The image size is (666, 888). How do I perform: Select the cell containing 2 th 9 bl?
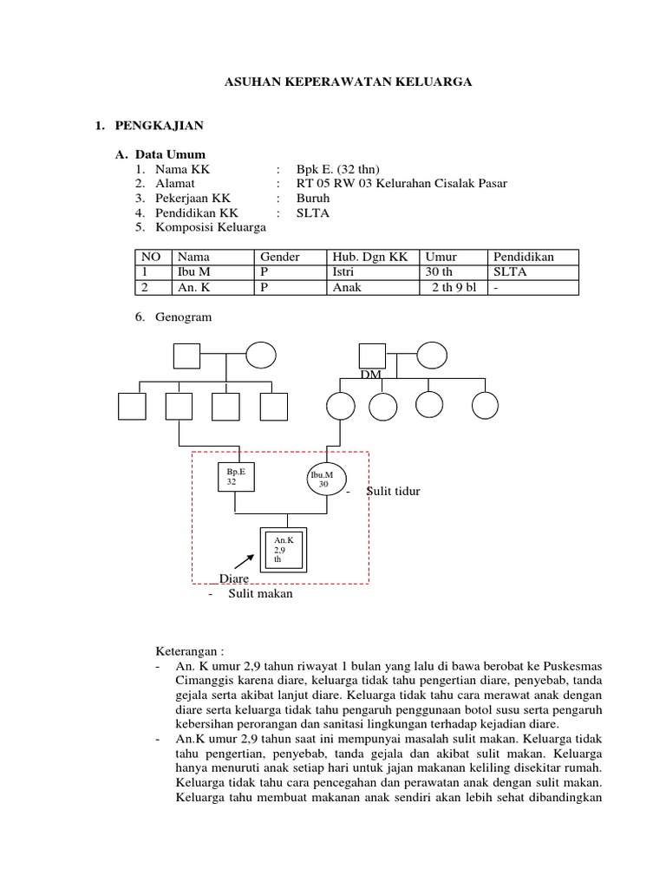[454, 288]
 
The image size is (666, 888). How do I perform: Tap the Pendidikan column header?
[524, 258]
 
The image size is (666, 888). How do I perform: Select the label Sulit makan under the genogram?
[261, 594]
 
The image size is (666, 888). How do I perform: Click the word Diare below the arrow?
[234, 578]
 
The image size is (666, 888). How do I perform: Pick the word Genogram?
[183, 317]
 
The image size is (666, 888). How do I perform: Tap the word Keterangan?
[190, 650]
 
